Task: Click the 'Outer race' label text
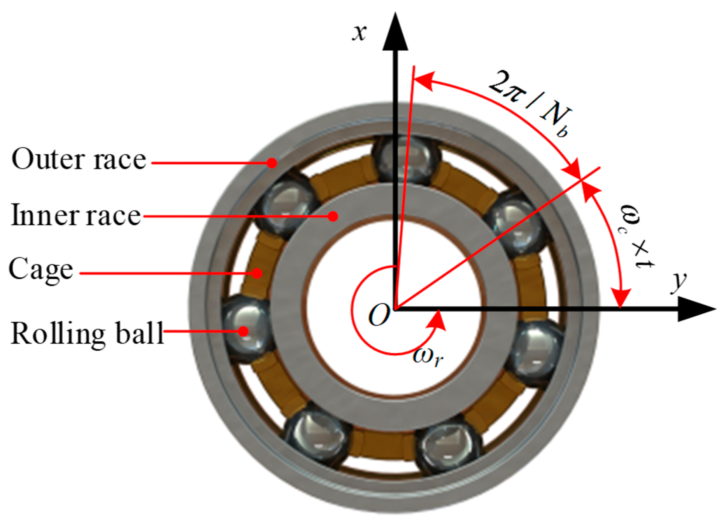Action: [79, 160]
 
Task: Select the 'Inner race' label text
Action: [76, 215]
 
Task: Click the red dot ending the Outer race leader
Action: [272, 163]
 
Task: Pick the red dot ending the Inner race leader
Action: [333, 216]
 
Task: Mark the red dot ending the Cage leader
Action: [257, 274]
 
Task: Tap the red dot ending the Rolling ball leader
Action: [244, 332]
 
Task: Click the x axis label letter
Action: [359, 33]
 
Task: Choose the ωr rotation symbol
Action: [428, 357]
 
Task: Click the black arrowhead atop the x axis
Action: [396, 33]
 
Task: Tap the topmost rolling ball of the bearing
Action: [405, 160]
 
